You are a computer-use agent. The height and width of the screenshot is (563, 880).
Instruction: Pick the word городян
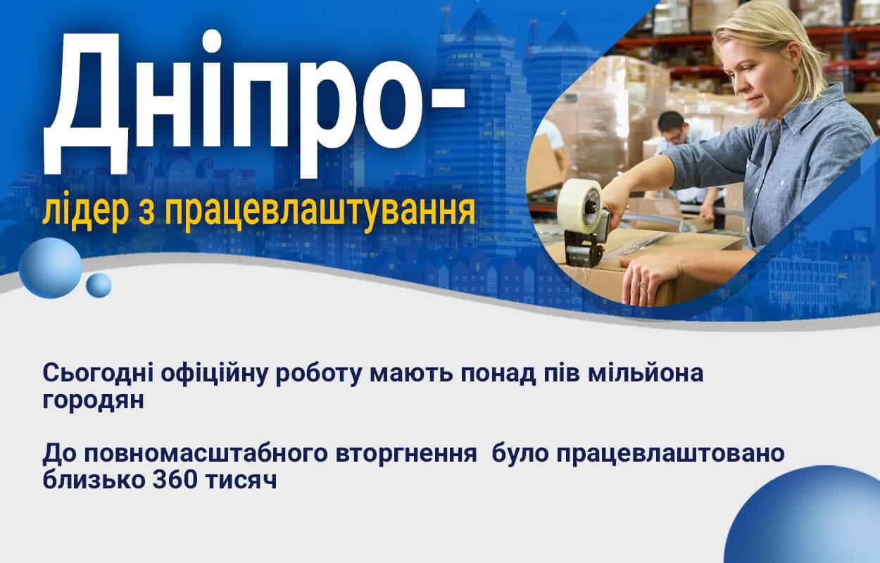(x=93, y=401)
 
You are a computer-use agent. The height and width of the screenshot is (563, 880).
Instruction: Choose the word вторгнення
(x=406, y=454)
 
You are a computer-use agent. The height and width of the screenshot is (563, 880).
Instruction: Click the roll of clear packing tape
(x=579, y=204)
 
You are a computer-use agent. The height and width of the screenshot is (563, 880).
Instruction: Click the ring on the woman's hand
(x=641, y=284)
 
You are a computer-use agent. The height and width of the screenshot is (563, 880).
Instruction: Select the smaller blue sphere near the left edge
(x=99, y=285)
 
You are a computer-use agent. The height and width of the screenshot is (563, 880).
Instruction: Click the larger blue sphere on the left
(x=50, y=267)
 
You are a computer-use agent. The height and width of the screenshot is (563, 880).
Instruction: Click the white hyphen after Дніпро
(x=444, y=99)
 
